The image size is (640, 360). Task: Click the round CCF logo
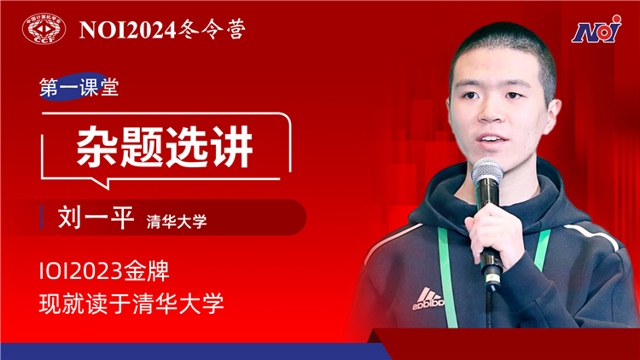(44, 28)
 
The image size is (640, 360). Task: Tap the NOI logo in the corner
(596, 29)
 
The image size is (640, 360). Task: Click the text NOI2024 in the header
(127, 30)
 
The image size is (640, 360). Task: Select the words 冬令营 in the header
(212, 29)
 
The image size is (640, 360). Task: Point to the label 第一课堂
(79, 87)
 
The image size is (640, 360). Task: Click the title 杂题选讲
(165, 147)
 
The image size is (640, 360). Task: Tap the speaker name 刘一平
(96, 218)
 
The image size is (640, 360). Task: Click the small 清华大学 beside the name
(177, 222)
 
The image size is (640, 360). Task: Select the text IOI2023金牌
(104, 271)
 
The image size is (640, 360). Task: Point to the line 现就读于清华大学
(131, 303)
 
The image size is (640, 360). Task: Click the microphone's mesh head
(487, 171)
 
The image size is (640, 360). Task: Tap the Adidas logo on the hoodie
(428, 299)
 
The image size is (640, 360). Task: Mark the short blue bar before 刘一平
(42, 218)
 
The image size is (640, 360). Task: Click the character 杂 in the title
(97, 147)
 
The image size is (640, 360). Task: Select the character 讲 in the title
(231, 147)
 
